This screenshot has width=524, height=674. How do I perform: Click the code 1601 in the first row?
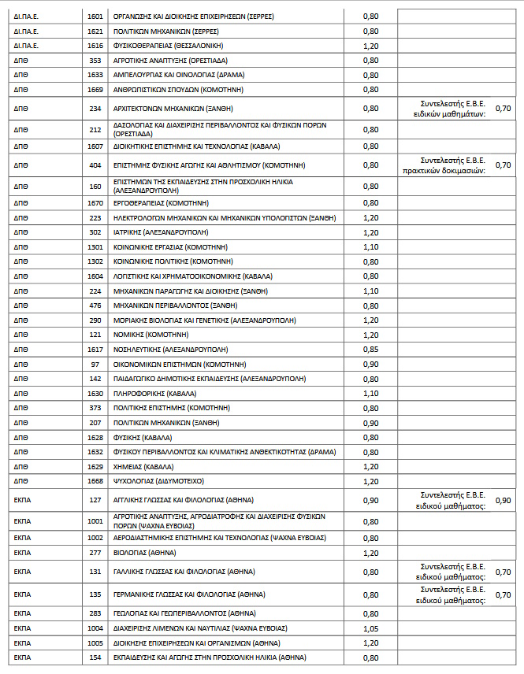[x=95, y=15]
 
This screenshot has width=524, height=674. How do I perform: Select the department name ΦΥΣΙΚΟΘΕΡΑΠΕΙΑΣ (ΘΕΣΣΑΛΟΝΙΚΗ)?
[x=168, y=46]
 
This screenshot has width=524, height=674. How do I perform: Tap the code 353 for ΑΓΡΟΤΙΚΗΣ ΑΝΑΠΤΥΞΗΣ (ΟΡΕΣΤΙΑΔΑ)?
[x=95, y=60]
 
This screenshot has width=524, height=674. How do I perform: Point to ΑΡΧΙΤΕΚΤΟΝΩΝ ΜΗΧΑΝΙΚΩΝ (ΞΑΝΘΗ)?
[x=173, y=108]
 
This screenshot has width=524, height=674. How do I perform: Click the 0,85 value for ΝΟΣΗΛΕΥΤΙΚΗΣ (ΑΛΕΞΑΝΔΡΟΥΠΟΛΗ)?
[x=370, y=349]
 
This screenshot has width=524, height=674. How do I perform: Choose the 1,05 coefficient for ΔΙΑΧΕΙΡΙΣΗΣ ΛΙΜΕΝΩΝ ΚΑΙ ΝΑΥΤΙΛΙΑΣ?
[x=370, y=628]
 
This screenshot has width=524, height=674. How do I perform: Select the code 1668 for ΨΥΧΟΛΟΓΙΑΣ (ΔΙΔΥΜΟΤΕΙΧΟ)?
[x=95, y=480]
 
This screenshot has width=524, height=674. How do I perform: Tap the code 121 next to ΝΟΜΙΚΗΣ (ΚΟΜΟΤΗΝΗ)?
[x=95, y=335]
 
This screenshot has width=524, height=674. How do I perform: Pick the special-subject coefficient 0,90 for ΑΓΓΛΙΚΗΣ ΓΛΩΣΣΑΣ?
[x=503, y=499]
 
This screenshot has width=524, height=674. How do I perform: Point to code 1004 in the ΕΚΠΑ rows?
[x=95, y=628]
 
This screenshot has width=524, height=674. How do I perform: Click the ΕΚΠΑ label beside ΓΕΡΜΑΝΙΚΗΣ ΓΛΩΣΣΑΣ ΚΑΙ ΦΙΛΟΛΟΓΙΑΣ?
[x=22, y=594]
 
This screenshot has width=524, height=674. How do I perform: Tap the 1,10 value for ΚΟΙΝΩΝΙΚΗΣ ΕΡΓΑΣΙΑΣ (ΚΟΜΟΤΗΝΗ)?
[x=370, y=246]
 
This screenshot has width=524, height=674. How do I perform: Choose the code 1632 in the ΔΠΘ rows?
[x=95, y=451]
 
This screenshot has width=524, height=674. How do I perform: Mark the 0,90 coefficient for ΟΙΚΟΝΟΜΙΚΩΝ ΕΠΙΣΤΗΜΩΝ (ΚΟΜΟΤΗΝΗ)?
[x=370, y=364]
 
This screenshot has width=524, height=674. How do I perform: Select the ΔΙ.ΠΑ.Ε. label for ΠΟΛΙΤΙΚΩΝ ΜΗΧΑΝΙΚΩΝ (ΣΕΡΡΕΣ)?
[x=27, y=31]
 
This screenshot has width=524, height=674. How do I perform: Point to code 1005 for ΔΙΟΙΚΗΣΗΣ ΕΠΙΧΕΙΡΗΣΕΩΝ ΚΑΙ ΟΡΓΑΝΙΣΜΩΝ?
[x=95, y=642]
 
